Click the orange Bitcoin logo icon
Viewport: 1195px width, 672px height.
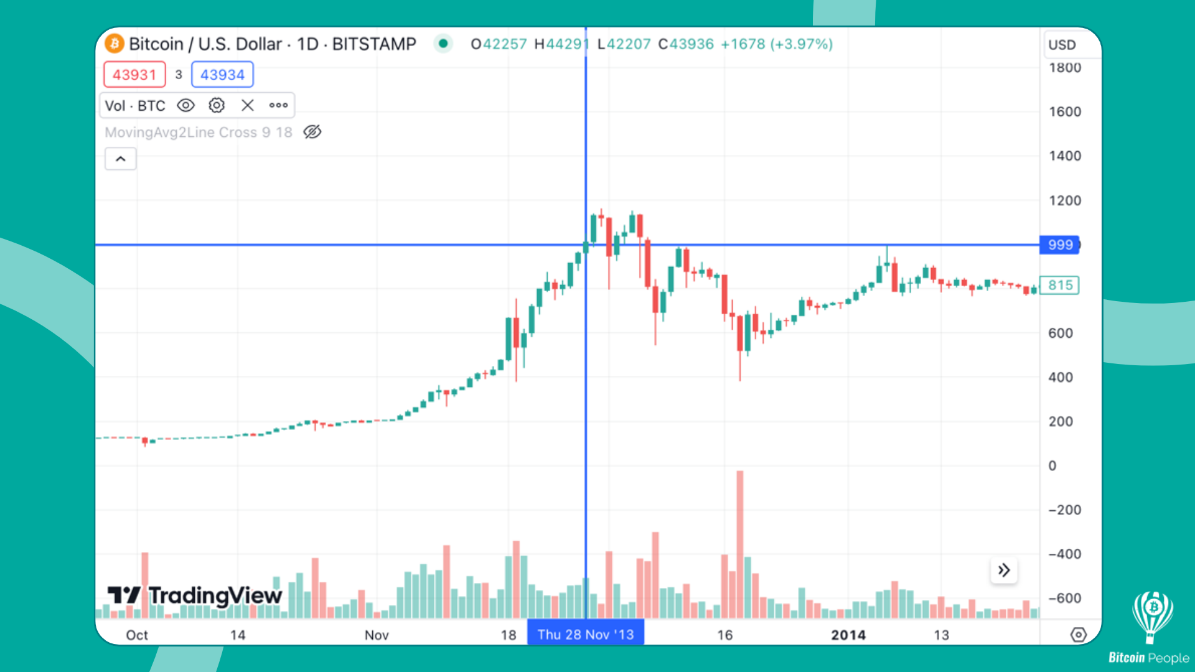(x=115, y=44)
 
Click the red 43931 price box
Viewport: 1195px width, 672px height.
(x=134, y=75)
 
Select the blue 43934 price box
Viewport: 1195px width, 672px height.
(x=222, y=75)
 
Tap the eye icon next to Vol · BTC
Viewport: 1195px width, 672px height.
(x=185, y=106)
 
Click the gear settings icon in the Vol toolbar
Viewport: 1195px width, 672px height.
(x=217, y=106)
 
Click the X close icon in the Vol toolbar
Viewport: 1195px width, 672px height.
(x=248, y=106)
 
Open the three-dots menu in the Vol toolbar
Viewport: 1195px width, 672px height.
(x=278, y=106)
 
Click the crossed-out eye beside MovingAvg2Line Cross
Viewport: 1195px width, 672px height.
(x=312, y=132)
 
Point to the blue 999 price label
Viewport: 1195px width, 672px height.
(x=1060, y=245)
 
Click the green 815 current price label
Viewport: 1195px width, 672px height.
(x=1060, y=286)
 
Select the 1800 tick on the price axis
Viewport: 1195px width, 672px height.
(x=1065, y=68)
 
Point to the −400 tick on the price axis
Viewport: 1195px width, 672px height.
(x=1065, y=554)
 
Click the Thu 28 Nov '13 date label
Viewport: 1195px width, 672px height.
(x=585, y=635)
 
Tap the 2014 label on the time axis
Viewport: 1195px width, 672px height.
(x=848, y=635)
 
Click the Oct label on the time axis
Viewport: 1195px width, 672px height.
(x=137, y=635)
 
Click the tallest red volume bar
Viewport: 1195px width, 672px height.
(x=740, y=541)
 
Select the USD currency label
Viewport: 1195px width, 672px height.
(x=1062, y=45)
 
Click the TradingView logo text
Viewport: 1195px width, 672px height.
(x=215, y=596)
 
